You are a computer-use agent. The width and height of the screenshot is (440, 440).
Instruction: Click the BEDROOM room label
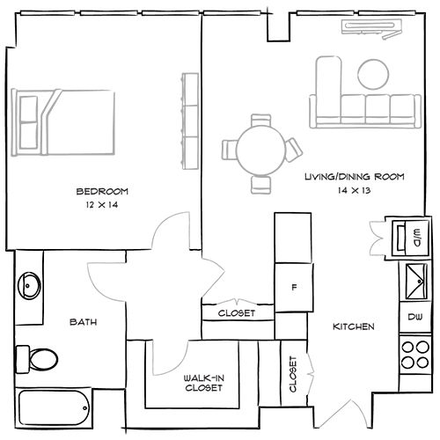102,191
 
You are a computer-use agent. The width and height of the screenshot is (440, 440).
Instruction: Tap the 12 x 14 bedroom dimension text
102,205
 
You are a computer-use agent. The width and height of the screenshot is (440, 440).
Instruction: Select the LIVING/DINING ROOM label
354,177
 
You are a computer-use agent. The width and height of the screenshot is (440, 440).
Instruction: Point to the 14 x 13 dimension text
354,191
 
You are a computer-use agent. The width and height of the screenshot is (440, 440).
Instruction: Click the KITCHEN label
354,327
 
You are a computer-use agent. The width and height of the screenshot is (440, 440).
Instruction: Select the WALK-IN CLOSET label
203,382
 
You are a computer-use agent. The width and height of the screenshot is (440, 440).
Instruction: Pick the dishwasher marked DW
414,317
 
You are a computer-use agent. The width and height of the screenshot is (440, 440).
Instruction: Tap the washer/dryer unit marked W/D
410,236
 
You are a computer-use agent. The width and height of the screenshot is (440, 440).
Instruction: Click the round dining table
260,151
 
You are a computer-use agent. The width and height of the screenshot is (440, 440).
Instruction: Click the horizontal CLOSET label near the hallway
237,313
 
